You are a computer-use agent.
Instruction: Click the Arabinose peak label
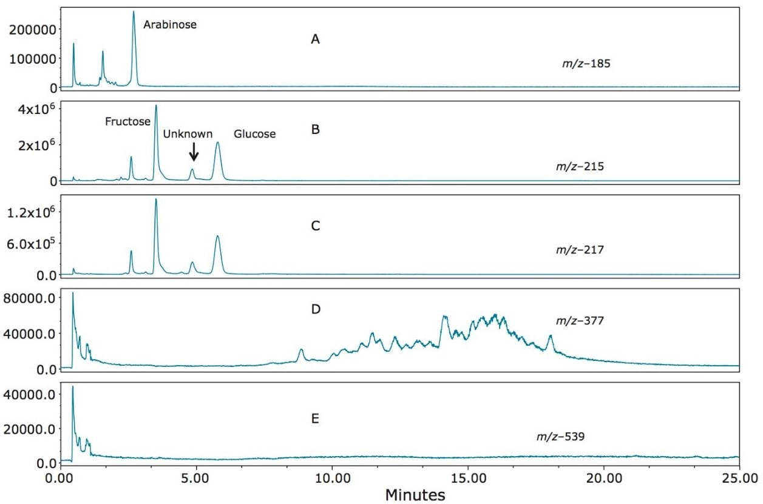click(x=170, y=25)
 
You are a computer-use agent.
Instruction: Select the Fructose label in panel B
click(x=127, y=121)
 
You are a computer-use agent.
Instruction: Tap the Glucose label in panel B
click(x=254, y=134)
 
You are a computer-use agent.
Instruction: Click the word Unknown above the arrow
click(x=188, y=134)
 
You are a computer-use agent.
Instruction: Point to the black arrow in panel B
click(x=194, y=152)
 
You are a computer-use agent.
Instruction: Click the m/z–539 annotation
click(x=560, y=436)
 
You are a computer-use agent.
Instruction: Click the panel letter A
click(x=315, y=40)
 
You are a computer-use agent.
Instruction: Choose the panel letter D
click(x=315, y=309)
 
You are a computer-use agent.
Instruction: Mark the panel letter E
click(x=315, y=418)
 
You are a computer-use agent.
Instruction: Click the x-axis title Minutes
click(x=415, y=495)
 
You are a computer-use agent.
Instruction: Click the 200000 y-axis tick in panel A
click(x=31, y=29)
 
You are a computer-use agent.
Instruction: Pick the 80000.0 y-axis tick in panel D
click(x=31, y=298)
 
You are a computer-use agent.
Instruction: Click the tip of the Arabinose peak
click(x=134, y=11)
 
